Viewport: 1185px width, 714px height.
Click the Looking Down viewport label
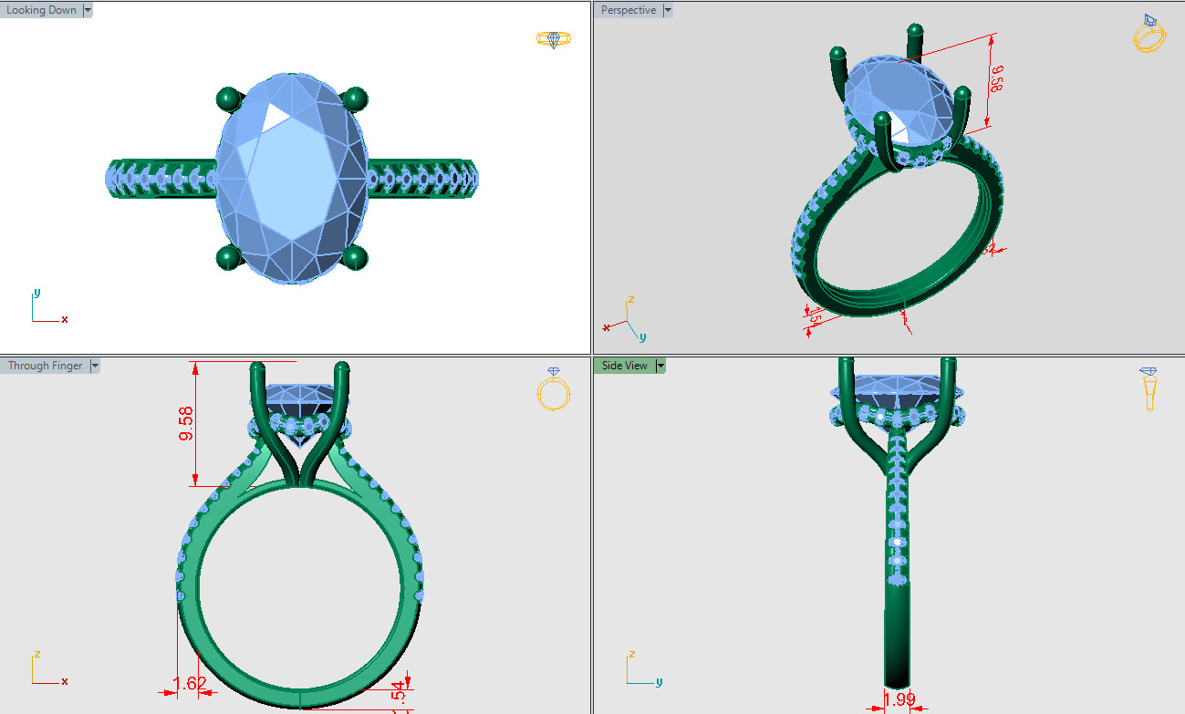point(41,11)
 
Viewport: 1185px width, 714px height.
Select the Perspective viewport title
point(629,11)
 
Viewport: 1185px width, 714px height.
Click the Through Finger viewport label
point(45,366)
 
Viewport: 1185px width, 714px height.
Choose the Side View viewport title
point(625,366)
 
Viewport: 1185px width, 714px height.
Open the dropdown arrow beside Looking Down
point(88,11)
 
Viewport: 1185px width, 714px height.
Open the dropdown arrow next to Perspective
point(668,11)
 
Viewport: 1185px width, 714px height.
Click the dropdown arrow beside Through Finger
point(95,366)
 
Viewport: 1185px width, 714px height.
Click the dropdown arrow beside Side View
point(661,366)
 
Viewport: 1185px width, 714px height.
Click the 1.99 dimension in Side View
point(899,699)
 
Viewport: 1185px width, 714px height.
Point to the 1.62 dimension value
point(190,684)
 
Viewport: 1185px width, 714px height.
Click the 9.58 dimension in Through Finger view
point(186,424)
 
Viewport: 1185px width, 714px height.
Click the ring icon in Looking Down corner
point(553,39)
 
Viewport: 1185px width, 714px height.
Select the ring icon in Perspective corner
point(1149,34)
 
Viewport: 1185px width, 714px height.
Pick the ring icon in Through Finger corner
point(553,389)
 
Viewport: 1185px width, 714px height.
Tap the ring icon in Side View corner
point(1149,388)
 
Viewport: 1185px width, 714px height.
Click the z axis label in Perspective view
point(630,299)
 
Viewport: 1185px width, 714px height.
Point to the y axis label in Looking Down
point(36,293)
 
